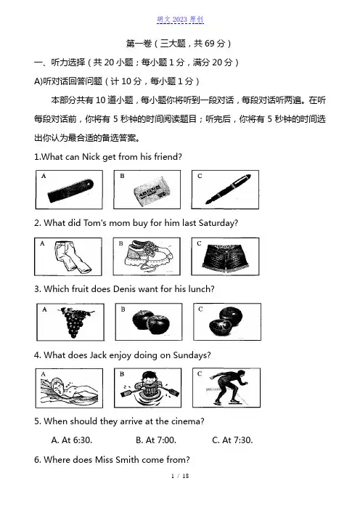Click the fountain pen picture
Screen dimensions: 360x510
point(228,190)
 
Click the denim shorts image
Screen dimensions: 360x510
point(225,258)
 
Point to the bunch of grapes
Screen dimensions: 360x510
point(75,322)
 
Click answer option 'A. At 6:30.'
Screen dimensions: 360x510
point(72,440)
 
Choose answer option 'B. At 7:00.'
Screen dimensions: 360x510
point(156,440)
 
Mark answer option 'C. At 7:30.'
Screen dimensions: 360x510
point(232,440)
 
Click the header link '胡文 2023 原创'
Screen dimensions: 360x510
point(180,20)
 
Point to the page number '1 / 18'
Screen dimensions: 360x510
point(180,476)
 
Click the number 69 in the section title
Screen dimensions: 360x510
point(210,44)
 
